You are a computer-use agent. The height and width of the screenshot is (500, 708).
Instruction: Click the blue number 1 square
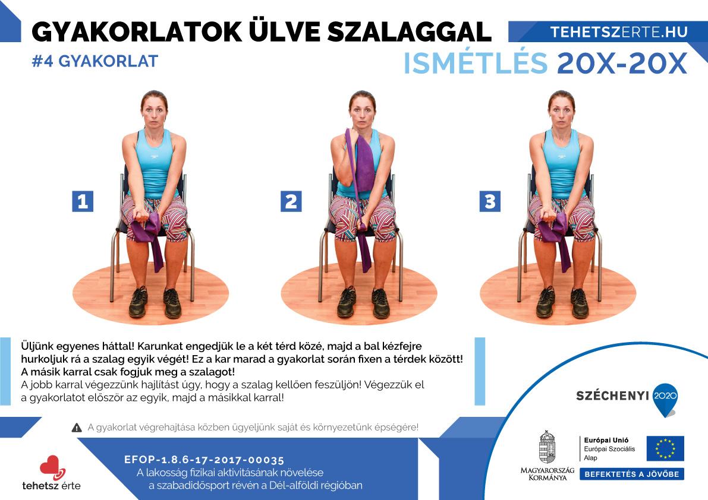click(83, 201)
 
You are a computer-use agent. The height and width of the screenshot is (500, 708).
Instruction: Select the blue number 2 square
click(291, 201)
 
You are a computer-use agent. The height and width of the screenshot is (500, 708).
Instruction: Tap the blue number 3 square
click(490, 201)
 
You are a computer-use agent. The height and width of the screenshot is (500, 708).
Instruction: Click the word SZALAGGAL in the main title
click(409, 32)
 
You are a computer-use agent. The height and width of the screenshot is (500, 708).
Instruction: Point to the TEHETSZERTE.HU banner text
click(619, 32)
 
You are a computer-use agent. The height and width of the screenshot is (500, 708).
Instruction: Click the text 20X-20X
click(622, 64)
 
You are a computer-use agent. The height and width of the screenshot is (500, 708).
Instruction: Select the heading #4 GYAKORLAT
click(95, 61)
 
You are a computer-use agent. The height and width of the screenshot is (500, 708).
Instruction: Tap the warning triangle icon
click(77, 428)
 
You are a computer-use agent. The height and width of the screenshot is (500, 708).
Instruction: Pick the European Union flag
click(665, 448)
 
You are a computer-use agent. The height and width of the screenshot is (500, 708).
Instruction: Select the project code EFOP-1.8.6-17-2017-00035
click(204, 460)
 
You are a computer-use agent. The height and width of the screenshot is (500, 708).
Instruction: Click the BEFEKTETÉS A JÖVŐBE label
click(632, 474)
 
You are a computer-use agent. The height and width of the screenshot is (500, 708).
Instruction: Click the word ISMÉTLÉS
click(476, 63)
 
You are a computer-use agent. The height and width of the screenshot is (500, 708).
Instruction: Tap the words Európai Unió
click(606, 440)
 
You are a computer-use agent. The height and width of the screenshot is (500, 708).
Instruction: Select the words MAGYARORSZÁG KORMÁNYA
click(547, 474)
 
